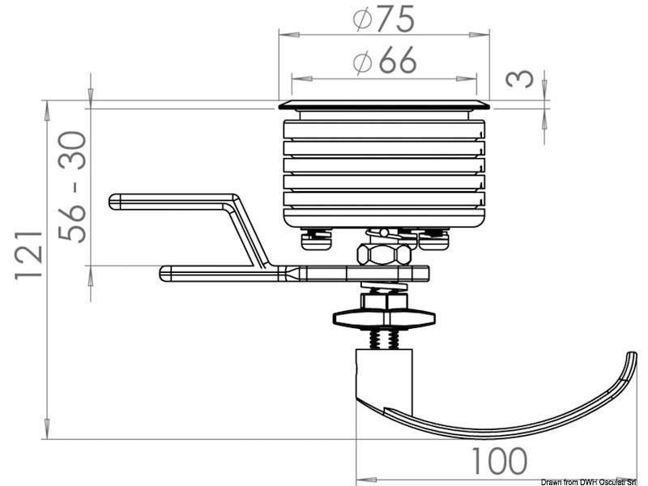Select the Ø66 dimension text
pos(384,61)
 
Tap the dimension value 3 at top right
pos(522,79)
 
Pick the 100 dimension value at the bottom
pos(498,462)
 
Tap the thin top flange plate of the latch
pos(384,104)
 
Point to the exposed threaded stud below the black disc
pos(384,338)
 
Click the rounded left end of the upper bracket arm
pos(114,201)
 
